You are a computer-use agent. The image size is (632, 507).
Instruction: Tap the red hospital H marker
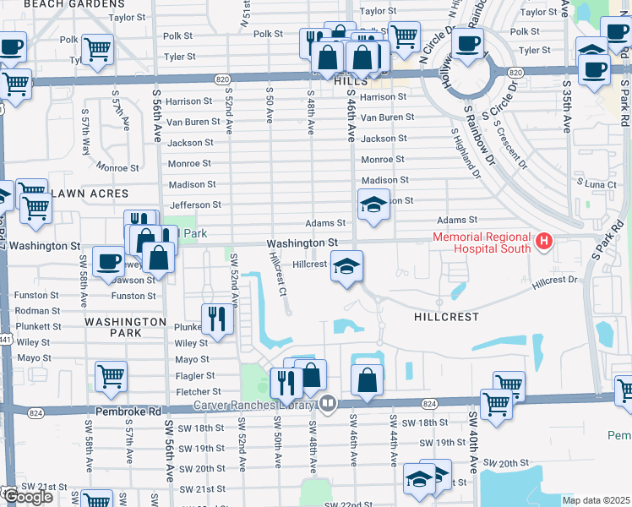click(x=545, y=243)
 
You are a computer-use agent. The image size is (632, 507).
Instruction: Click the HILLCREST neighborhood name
click(x=447, y=317)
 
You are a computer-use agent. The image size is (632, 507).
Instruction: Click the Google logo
click(x=27, y=496)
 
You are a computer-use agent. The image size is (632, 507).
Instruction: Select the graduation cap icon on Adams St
click(x=373, y=204)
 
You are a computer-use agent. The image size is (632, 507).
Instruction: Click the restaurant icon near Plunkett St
click(x=217, y=319)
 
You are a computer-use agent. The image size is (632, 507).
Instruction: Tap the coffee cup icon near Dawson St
click(x=108, y=261)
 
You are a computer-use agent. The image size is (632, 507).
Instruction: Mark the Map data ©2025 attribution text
click(x=596, y=500)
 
